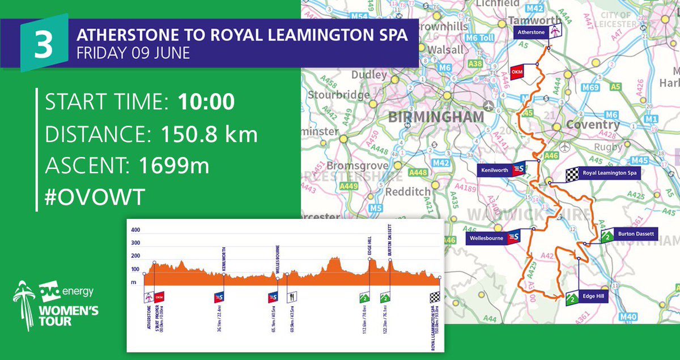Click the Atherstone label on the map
[531, 33]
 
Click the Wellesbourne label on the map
[486, 239]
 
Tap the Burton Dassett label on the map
[636, 234]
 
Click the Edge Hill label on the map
[593, 295]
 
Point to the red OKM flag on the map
[516, 72]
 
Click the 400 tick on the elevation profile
[135, 231]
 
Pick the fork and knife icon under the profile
[291, 297]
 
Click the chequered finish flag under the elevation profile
[435, 297]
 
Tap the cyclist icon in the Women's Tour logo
[24, 306]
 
